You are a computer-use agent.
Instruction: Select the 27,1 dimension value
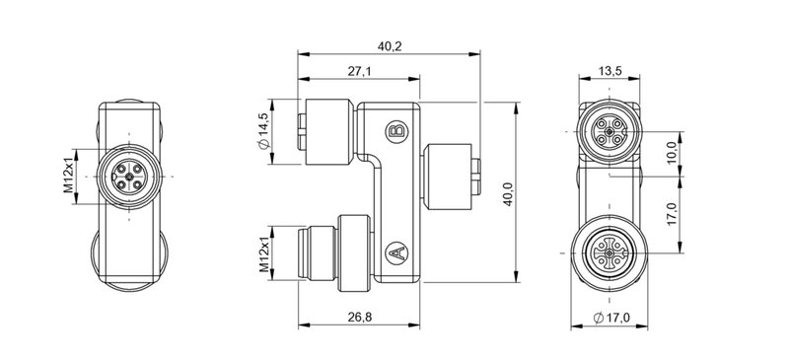click(359, 72)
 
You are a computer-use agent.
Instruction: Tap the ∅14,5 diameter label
click(264, 131)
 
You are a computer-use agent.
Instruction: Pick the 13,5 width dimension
click(610, 72)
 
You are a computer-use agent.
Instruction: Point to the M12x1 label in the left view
click(69, 176)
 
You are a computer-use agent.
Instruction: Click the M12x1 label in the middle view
click(264, 254)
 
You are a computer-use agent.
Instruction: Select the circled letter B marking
click(396, 132)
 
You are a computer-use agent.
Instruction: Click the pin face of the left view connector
click(129, 177)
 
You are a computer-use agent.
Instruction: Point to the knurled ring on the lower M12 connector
click(352, 252)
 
